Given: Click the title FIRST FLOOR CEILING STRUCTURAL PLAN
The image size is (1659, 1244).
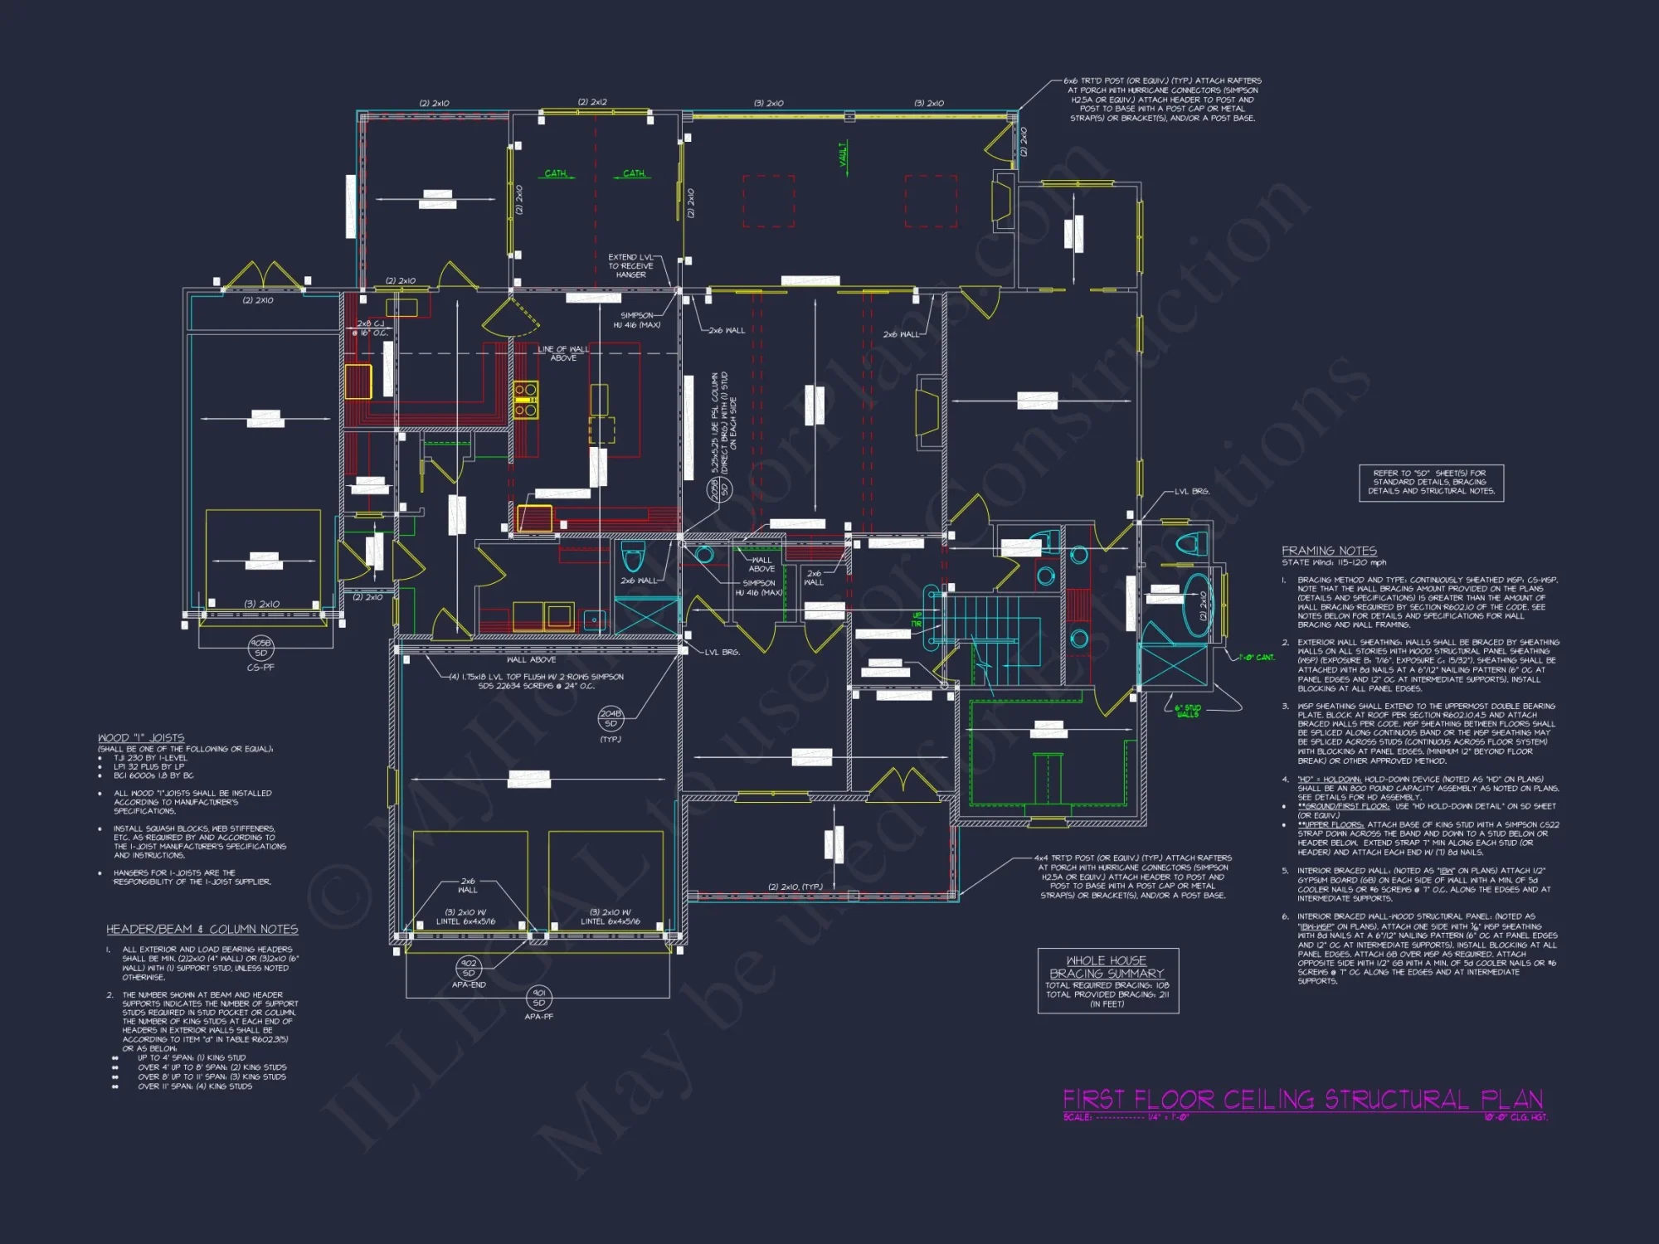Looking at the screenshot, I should (x=1302, y=1100).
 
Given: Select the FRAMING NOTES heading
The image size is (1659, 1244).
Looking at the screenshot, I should (x=1329, y=551).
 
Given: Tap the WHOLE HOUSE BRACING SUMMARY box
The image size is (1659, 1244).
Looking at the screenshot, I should (x=1107, y=981).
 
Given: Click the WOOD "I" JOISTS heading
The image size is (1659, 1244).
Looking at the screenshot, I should (x=141, y=737).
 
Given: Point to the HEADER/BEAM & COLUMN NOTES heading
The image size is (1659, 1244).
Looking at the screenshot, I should (x=202, y=929).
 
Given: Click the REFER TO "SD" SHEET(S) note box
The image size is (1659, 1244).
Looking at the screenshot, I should (x=1431, y=482).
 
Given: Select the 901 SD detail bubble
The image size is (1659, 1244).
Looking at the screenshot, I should (x=538, y=998).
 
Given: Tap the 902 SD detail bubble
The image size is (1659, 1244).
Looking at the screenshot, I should (x=469, y=968).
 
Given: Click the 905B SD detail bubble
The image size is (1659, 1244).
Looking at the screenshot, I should (x=260, y=648).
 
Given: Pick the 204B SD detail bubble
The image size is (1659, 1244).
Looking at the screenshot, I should (x=611, y=718).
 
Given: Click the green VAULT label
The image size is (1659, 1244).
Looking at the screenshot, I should (x=844, y=153).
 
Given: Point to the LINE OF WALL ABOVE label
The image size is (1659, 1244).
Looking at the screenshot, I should (x=563, y=353).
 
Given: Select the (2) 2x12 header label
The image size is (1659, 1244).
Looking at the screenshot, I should (x=592, y=102).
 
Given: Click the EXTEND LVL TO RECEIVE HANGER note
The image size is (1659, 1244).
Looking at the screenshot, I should (x=630, y=265).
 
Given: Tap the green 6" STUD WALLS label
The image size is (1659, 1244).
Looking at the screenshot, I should (x=1187, y=711).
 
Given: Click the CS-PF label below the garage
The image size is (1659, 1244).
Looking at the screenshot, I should (x=260, y=667).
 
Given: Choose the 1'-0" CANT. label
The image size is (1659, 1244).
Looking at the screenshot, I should (x=1258, y=658).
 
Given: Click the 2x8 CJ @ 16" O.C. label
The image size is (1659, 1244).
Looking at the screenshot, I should (x=370, y=328).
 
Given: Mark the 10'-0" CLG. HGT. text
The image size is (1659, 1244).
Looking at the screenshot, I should (x=1515, y=1117).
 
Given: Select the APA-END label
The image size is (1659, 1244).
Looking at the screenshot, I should (x=469, y=984).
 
